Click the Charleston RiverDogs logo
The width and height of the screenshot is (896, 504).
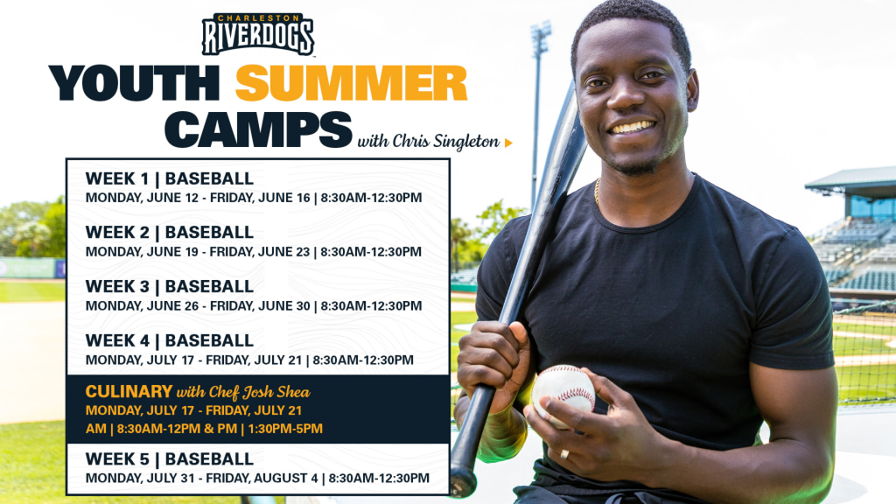point(258,34)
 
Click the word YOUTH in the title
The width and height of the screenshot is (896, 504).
point(135,83)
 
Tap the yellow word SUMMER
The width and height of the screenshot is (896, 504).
point(352,83)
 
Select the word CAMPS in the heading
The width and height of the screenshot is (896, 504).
point(258,129)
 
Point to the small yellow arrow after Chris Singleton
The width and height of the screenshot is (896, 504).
point(508,143)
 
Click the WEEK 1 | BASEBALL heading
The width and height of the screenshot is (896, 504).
point(169,178)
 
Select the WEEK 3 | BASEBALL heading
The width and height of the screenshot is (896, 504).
point(169,286)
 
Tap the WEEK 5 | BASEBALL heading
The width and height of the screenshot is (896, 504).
point(169,458)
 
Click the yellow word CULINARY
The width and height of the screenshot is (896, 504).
point(129,391)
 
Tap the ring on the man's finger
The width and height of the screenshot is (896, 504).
point(564,454)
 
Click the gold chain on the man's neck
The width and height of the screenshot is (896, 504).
point(597,192)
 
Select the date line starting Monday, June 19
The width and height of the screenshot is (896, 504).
point(254,252)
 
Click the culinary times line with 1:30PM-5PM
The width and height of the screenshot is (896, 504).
point(204,429)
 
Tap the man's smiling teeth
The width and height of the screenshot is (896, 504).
point(632,126)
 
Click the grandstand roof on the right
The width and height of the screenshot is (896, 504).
point(850,180)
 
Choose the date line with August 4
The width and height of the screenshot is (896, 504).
point(258,479)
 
